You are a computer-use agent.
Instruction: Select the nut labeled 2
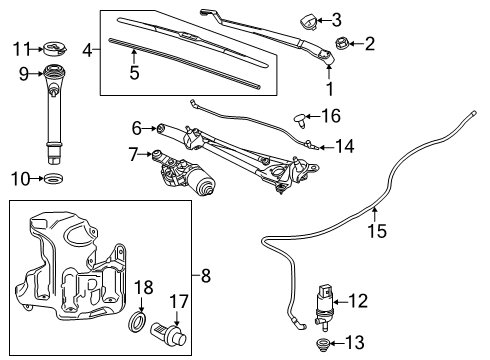(x=341, y=44)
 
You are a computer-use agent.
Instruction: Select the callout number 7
(x=133, y=155)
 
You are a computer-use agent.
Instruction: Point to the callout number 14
(x=344, y=145)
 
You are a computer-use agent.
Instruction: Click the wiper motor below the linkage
(x=190, y=178)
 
